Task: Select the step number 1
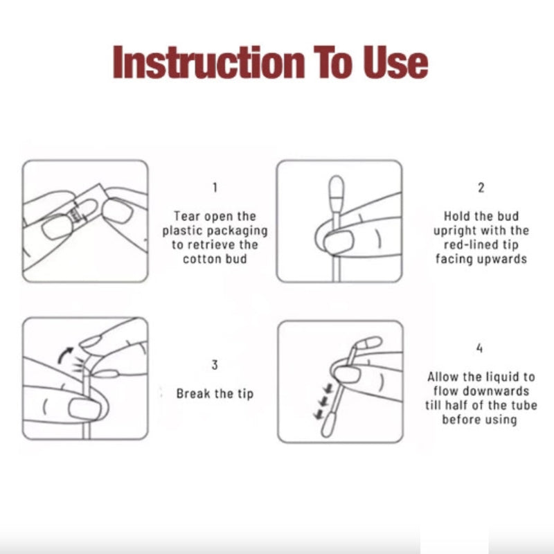tap(215, 187)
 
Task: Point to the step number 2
tap(481, 188)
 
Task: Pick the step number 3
tap(215, 365)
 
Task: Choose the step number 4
tap(479, 348)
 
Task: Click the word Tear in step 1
tap(186, 216)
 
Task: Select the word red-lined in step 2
tap(468, 244)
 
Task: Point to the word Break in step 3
tap(193, 393)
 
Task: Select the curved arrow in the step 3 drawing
tap(65, 355)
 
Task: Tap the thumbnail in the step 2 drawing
tap(339, 240)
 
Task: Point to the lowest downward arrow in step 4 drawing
tap(319, 413)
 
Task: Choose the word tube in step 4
tap(525, 405)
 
